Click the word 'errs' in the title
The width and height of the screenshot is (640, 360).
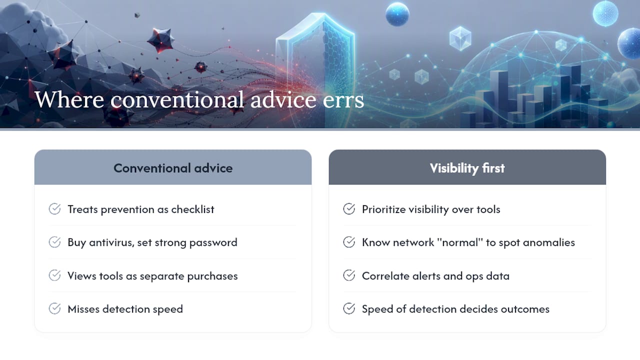[343, 100]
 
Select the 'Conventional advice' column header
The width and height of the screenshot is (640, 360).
[173, 168]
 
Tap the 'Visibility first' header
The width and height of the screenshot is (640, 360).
[467, 168]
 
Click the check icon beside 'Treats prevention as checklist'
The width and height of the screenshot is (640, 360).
[54, 209]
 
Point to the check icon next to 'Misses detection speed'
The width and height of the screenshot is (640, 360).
[54, 308]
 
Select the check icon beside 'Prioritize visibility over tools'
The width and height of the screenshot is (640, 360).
[349, 209]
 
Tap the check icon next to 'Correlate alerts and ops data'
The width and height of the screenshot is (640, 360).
[349, 275]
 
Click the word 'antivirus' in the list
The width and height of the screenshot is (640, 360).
[111, 242]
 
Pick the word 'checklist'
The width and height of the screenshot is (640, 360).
[192, 209]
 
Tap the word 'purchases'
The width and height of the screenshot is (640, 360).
[212, 276]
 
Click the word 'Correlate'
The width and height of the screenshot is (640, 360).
[383, 275]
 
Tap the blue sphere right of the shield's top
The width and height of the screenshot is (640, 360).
[397, 14]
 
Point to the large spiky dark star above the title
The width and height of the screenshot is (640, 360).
[161, 40]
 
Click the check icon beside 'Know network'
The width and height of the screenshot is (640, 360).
[349, 242]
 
